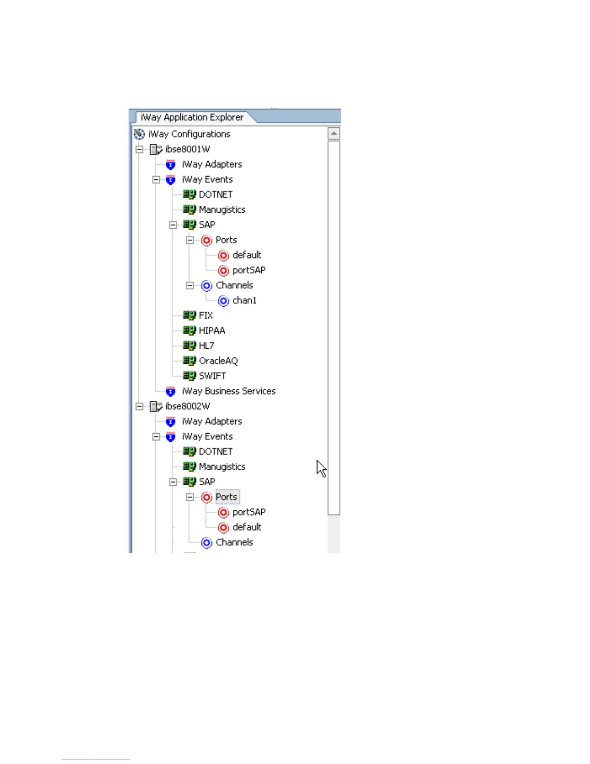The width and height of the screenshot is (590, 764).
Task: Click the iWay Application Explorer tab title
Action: click(x=192, y=117)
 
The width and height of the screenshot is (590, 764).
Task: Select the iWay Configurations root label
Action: click(x=189, y=134)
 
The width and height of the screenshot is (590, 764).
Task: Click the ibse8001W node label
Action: click(x=188, y=149)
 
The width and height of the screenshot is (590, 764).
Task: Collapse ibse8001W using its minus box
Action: click(x=139, y=150)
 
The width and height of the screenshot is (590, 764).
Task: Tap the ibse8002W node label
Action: click(x=188, y=406)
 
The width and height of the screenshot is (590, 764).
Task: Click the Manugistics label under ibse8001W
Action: click(x=222, y=210)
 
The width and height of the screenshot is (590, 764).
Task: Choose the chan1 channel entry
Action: click(x=244, y=300)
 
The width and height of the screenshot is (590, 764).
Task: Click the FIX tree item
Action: click(x=205, y=315)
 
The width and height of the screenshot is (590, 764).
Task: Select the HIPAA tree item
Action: click(x=212, y=331)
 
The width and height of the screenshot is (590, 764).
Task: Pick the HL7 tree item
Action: click(x=206, y=346)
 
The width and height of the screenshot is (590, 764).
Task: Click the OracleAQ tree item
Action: click(x=218, y=361)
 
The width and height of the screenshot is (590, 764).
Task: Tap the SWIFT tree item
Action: click(x=212, y=376)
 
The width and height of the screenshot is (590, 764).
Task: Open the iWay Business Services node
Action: click(x=228, y=391)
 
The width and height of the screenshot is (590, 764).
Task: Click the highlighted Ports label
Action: click(x=227, y=497)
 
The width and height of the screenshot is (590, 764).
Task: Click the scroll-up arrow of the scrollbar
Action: click(x=334, y=133)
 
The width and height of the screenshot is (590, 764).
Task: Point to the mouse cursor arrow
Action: click(x=321, y=468)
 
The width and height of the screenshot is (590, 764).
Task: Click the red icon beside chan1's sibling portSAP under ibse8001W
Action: click(x=223, y=271)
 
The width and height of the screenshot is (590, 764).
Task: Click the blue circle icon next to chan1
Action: click(x=223, y=301)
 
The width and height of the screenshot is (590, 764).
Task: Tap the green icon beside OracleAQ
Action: click(x=189, y=361)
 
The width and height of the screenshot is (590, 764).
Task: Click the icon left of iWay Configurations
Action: click(x=139, y=134)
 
